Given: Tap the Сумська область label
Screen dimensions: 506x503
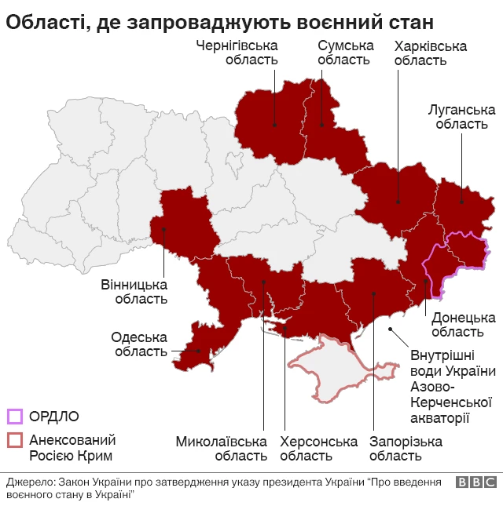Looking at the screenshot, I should (x=344, y=53).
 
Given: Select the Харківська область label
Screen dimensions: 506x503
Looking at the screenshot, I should (x=430, y=53).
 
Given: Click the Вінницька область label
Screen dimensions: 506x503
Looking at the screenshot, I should (x=134, y=291).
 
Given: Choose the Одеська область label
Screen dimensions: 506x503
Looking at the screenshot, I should (x=141, y=344).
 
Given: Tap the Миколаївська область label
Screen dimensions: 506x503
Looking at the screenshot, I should (x=221, y=449).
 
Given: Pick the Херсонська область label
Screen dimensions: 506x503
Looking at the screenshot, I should (x=318, y=449).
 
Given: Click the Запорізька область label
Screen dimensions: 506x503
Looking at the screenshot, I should (x=406, y=449).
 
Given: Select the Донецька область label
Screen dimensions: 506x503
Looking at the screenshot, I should (x=463, y=325).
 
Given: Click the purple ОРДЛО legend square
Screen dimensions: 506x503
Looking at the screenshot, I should (x=15, y=417).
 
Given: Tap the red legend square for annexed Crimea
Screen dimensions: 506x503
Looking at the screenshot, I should (x=15, y=440).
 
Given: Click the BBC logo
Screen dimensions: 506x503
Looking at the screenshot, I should (x=475, y=483).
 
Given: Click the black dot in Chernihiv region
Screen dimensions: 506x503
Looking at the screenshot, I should (x=274, y=124).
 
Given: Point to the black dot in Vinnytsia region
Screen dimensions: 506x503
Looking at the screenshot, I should (x=163, y=230).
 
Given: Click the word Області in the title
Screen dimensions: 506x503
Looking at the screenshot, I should (x=42, y=20).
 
